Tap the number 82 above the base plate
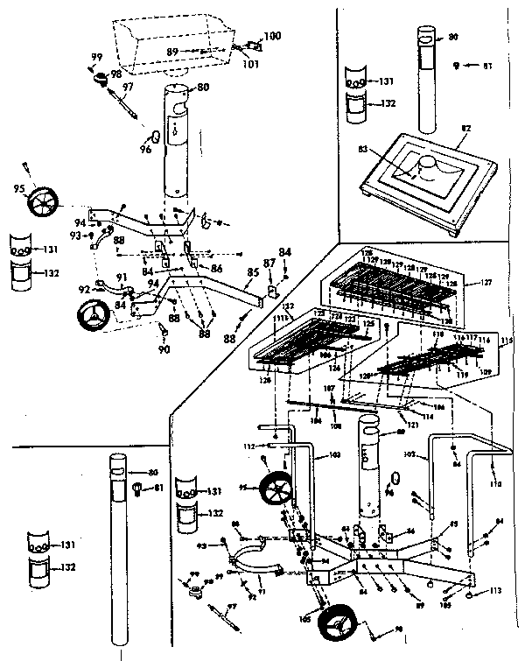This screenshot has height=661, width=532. click(x=465, y=128)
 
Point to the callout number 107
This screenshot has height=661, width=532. click(x=331, y=389)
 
